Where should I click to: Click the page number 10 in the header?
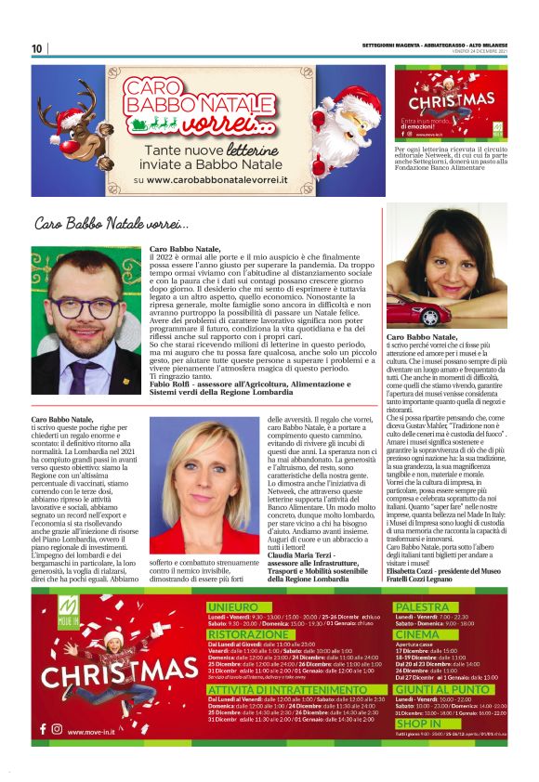[37, 48]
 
